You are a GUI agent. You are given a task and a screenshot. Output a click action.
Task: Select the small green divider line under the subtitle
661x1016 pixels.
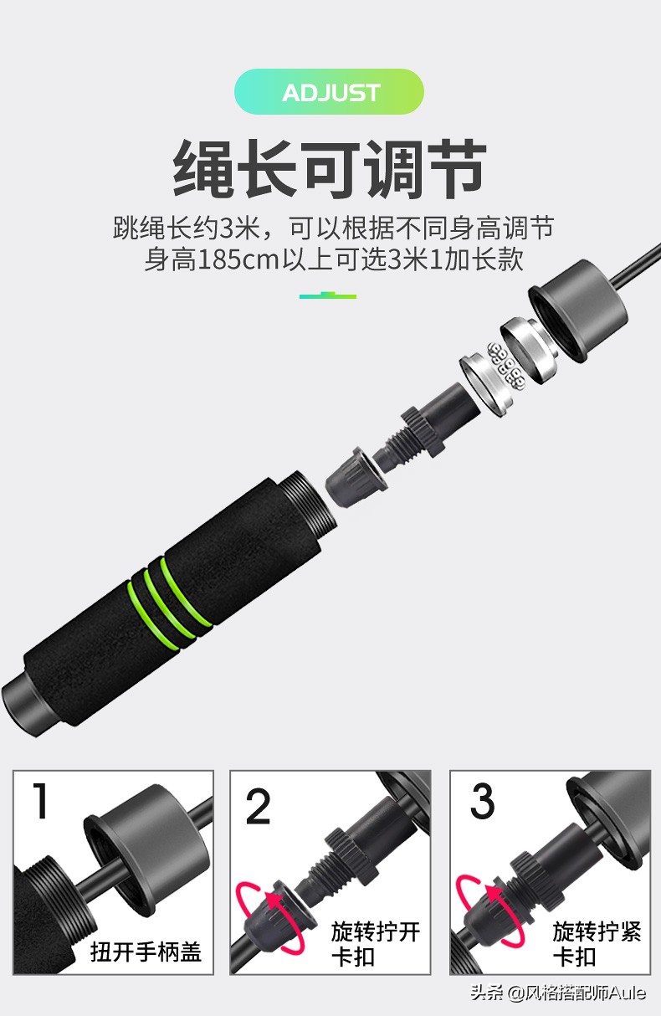328,295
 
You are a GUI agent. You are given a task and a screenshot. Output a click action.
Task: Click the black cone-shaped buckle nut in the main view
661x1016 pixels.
354,476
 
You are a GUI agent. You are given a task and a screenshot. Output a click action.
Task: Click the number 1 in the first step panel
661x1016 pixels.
40,801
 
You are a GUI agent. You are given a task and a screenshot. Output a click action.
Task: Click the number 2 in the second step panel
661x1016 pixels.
259,805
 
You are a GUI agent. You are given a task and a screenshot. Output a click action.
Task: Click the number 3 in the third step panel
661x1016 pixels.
483,802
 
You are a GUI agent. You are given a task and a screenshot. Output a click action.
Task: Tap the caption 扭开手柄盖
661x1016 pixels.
146,952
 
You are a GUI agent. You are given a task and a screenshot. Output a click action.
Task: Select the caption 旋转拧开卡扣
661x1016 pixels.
375,944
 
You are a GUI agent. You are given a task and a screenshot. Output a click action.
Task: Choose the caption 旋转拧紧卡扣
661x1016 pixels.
596,944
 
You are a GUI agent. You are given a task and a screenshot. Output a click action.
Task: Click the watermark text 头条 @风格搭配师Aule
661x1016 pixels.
558,993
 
